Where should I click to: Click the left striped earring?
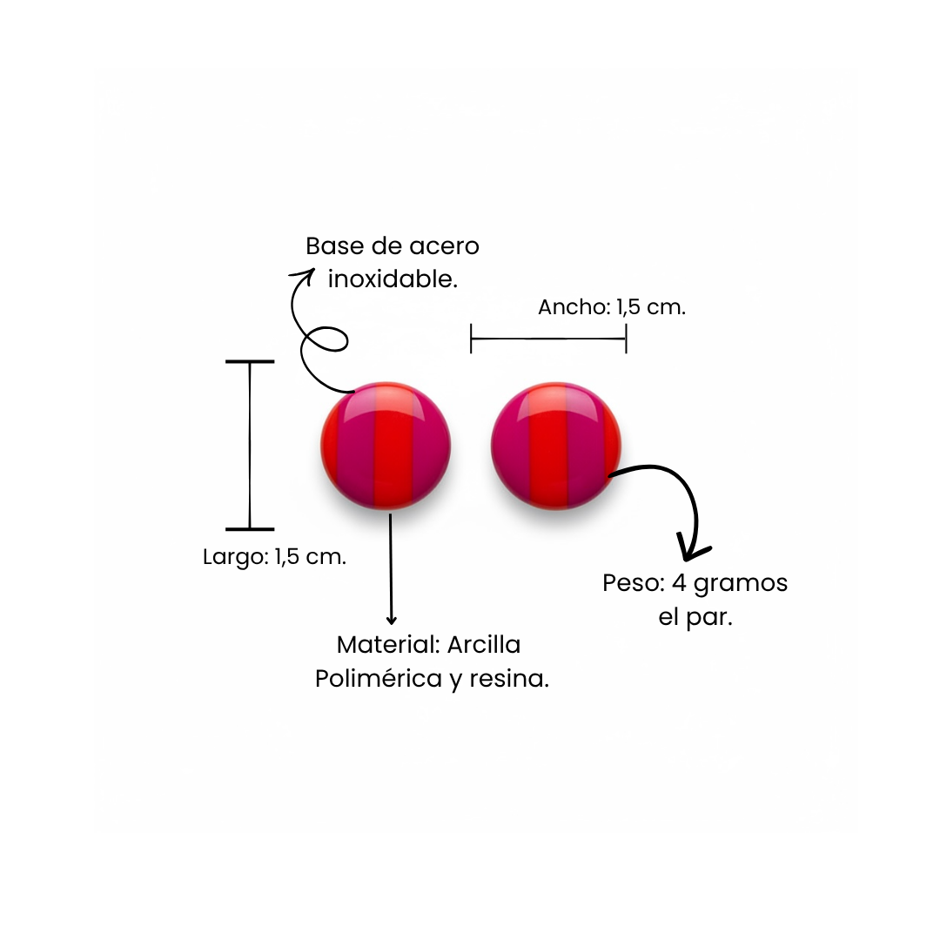(386, 445)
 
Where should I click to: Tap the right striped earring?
(556, 445)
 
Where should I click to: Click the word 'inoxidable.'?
(393, 279)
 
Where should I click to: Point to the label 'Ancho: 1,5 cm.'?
(612, 307)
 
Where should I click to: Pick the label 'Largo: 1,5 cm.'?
(274, 557)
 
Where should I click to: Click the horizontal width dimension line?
(548, 338)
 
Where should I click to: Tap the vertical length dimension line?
(250, 445)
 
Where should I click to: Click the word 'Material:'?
(388, 645)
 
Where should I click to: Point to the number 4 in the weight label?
(679, 583)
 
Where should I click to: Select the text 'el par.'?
(695, 617)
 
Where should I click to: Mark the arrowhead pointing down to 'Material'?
(392, 619)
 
